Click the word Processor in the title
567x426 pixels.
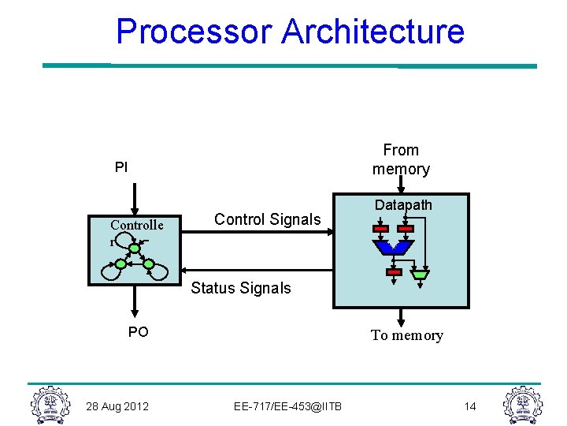pyautogui.click(x=194, y=32)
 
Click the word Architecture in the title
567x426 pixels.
pyautogui.click(x=372, y=32)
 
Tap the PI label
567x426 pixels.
pyautogui.click(x=120, y=167)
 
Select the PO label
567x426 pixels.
pyautogui.click(x=138, y=332)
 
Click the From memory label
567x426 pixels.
pyautogui.click(x=401, y=159)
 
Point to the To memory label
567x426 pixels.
pyautogui.click(x=406, y=335)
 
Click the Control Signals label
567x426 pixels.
pyautogui.click(x=268, y=219)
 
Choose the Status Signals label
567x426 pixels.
pyautogui.click(x=241, y=288)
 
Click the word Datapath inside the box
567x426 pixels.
pyautogui.click(x=403, y=205)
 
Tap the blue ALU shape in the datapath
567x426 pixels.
pyautogui.click(x=393, y=248)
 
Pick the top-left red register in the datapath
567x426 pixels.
pyautogui.click(x=380, y=229)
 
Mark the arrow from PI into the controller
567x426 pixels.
pyautogui.click(x=135, y=199)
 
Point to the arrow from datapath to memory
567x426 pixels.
pyautogui.click(x=402, y=317)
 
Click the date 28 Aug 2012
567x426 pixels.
pyautogui.click(x=117, y=406)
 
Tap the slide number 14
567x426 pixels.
pyautogui.click(x=470, y=406)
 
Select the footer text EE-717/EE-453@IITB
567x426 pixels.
pyautogui.click(x=287, y=406)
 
